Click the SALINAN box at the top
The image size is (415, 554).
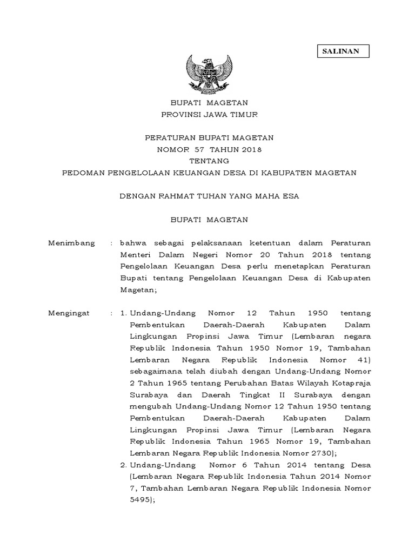[342, 50]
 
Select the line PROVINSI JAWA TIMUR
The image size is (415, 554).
[210, 114]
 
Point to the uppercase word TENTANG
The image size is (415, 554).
[209, 161]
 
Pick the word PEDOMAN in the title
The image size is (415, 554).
[84, 173]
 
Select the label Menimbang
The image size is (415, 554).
[71, 243]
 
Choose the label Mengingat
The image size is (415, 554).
[70, 313]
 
